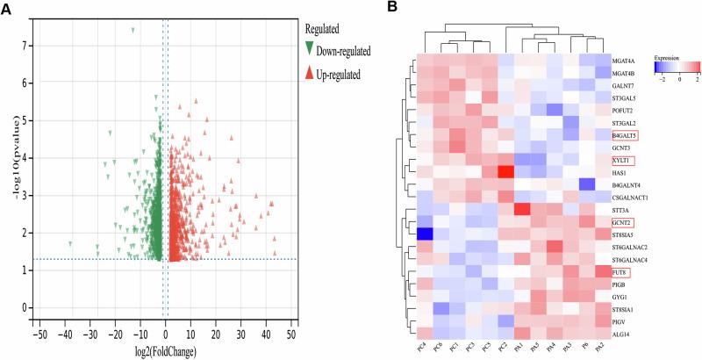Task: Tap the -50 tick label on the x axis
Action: pyautogui.click(x=39, y=336)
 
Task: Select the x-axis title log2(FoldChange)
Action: pyautogui.click(x=167, y=352)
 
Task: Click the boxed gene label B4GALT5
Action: pyautogui.click(x=625, y=136)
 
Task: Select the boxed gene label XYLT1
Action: pyautogui.click(x=622, y=162)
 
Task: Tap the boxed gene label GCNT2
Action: pyautogui.click(x=623, y=223)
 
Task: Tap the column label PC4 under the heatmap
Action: pyautogui.click(x=424, y=350)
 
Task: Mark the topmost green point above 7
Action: pyautogui.click(x=133, y=30)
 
